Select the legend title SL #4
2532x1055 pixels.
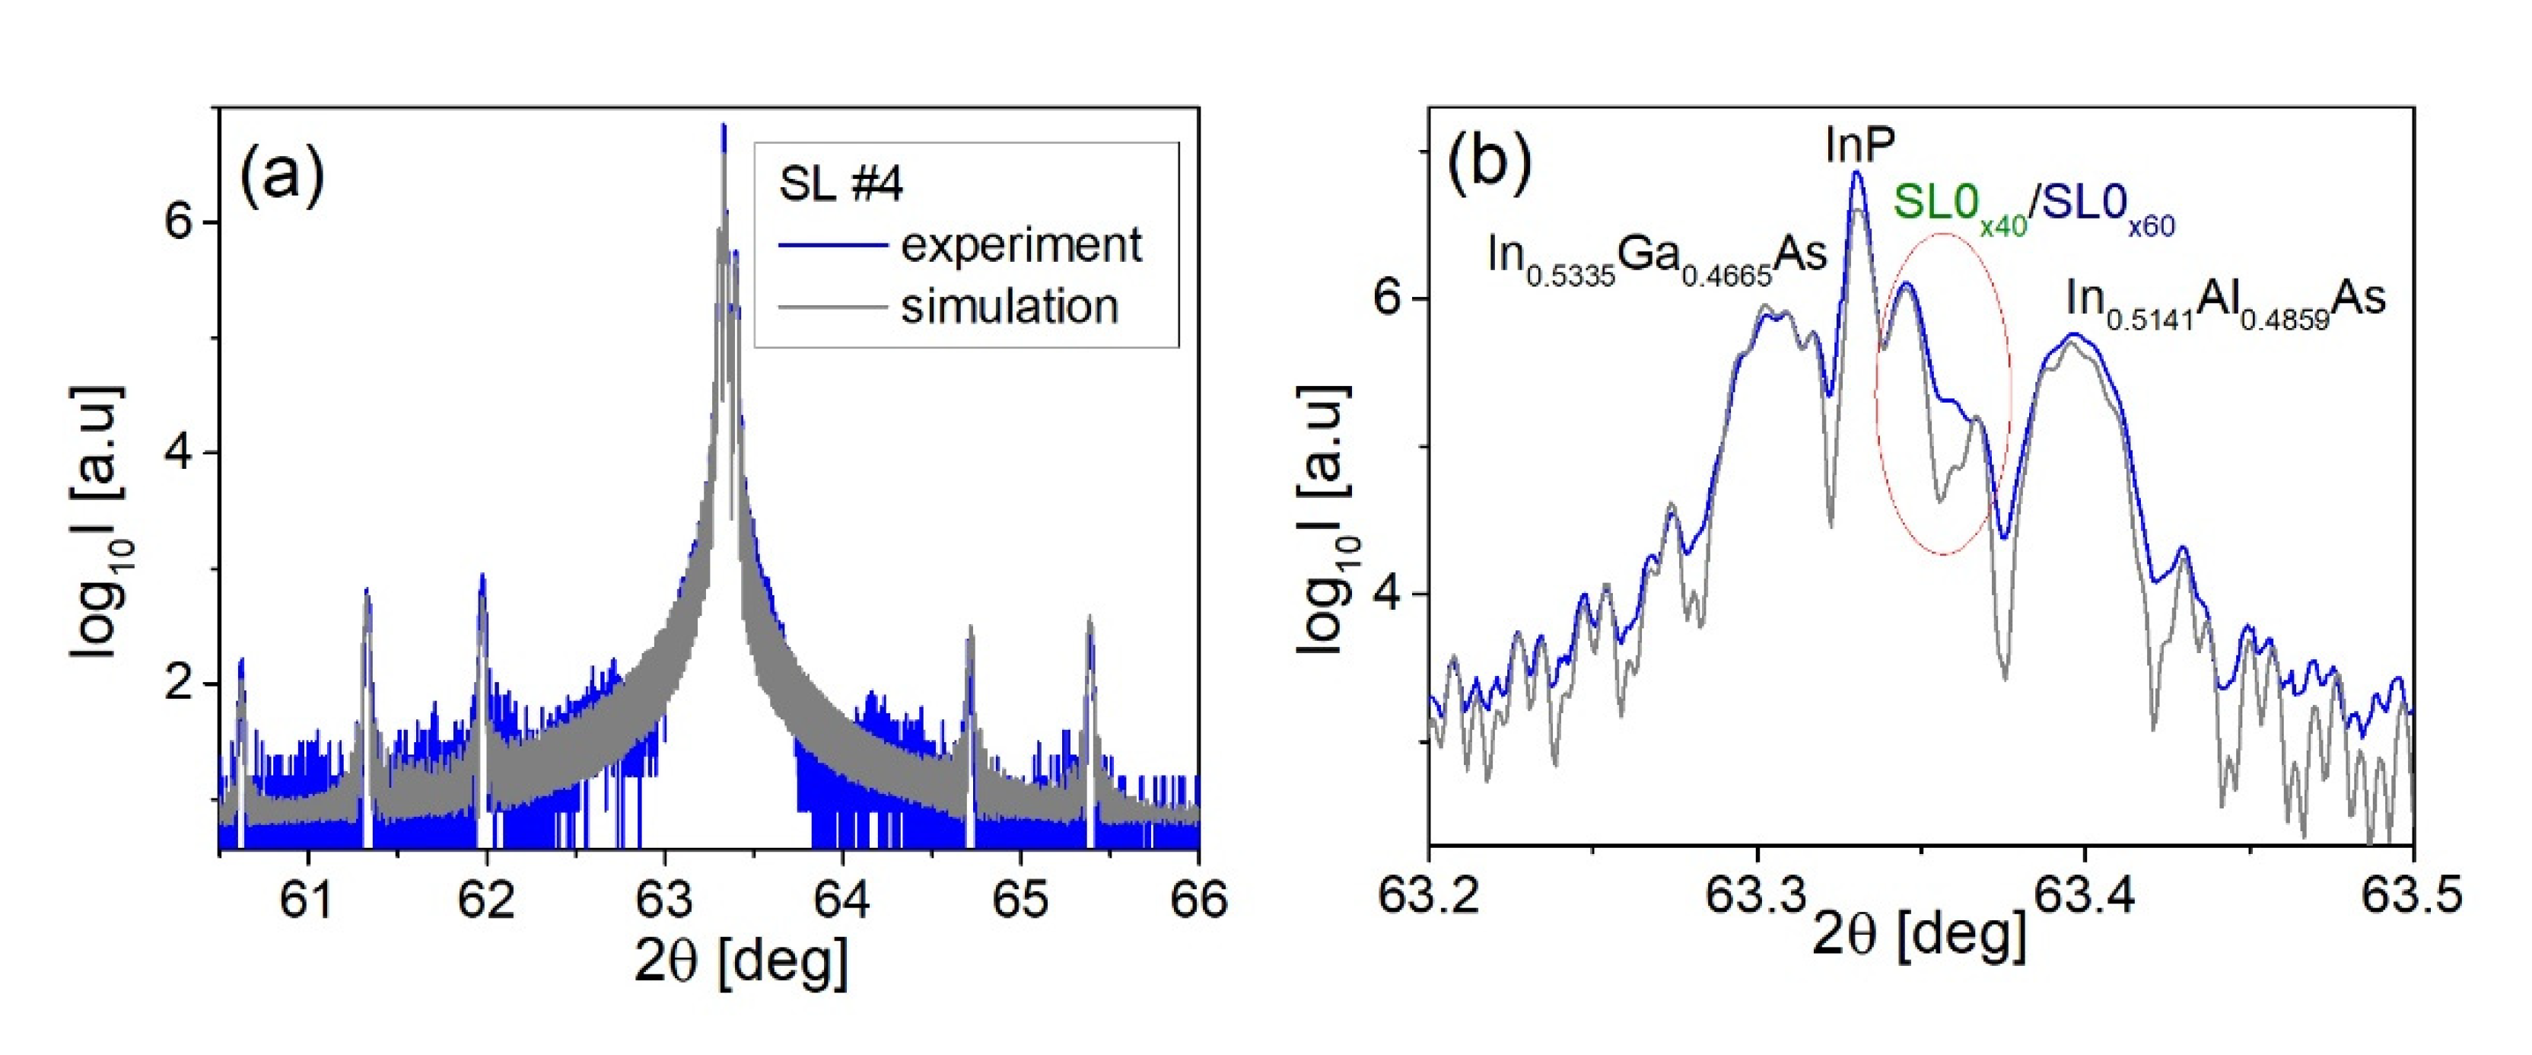(x=841, y=184)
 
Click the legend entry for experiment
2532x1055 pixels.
(x=1020, y=245)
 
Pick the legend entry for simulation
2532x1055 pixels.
(x=1010, y=307)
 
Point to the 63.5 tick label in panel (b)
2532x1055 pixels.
(x=2413, y=894)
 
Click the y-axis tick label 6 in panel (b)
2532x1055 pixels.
(x=1387, y=297)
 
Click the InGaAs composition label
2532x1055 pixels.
(x=1656, y=257)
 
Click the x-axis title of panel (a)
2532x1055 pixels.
(x=740, y=961)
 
